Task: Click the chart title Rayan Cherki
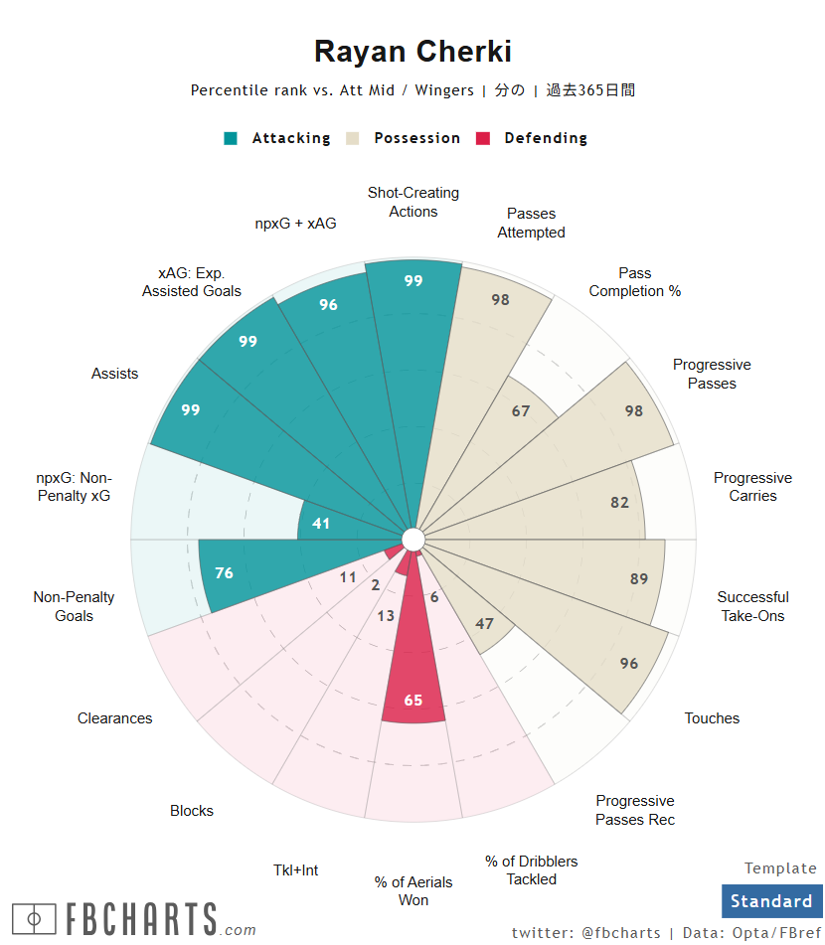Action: coord(412,52)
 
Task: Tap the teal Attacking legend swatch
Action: coord(232,139)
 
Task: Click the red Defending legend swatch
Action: coord(484,139)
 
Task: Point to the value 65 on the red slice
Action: coord(413,701)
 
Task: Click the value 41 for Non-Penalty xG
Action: coord(321,523)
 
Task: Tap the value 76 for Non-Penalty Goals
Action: coord(224,573)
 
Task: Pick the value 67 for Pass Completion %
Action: coord(521,410)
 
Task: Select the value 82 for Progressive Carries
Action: coord(620,503)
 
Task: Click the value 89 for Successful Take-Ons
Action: coord(639,579)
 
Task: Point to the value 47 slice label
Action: coord(485,624)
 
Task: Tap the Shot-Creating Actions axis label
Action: coord(413,202)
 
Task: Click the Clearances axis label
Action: coord(115,718)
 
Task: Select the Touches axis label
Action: coord(712,718)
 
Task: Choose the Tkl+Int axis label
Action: coord(296,870)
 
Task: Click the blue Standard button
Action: coord(772,901)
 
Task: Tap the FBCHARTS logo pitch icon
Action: coord(34,918)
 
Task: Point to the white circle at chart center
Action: coord(413,540)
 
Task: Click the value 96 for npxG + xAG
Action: coord(328,305)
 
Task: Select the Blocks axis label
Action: coord(192,811)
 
